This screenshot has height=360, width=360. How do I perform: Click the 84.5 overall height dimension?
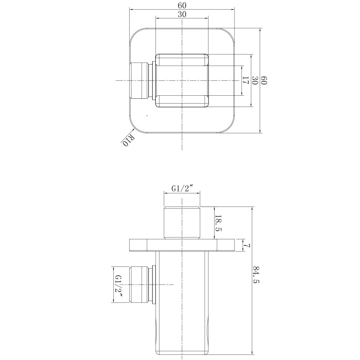click(256, 274)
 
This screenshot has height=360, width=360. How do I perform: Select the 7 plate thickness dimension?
click(247, 245)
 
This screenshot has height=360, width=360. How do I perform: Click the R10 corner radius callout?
click(128, 141)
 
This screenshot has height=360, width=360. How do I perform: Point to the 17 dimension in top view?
click(246, 81)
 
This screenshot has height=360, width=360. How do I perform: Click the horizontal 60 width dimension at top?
click(182, 5)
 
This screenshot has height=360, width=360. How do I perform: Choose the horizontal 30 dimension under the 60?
click(182, 14)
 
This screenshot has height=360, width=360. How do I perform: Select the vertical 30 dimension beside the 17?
click(255, 81)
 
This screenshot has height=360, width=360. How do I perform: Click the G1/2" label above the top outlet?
click(182, 189)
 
